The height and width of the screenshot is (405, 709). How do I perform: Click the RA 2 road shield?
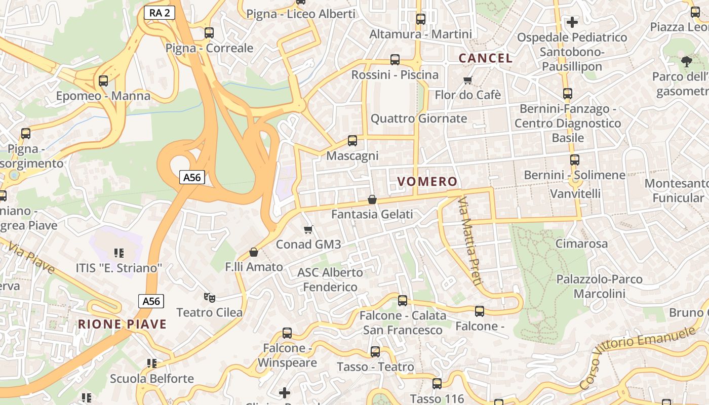pyautogui.click(x=160, y=13)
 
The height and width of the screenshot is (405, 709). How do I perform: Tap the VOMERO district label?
pyautogui.click(x=427, y=182)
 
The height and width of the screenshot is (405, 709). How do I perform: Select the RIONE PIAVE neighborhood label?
pyautogui.click(x=122, y=324)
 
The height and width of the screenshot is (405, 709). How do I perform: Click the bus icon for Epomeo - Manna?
pyautogui.click(x=103, y=81)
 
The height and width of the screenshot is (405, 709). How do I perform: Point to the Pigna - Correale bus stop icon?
pyautogui.click(x=209, y=33)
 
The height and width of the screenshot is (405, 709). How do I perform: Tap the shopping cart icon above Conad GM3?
pyautogui.click(x=308, y=230)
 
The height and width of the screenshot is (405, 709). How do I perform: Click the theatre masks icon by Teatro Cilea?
pyautogui.click(x=209, y=298)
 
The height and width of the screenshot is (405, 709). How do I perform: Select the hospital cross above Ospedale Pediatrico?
pyautogui.click(x=572, y=22)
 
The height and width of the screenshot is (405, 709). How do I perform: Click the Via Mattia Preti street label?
pyautogui.click(x=469, y=241)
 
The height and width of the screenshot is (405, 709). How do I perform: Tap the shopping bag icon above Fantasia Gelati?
pyautogui.click(x=372, y=200)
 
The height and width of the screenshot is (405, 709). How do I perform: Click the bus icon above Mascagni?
pyautogui.click(x=352, y=141)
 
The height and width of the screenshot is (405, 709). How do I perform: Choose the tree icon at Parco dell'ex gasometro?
pyautogui.click(x=686, y=62)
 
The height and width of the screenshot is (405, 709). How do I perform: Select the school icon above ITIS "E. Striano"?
pyautogui.click(x=119, y=253)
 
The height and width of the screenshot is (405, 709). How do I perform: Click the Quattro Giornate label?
pyautogui.click(x=419, y=118)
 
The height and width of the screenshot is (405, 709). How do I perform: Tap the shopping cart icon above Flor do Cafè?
pyautogui.click(x=468, y=80)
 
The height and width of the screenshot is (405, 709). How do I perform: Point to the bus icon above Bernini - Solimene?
pyautogui.click(x=574, y=160)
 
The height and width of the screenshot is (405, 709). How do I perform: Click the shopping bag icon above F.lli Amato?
pyautogui.click(x=254, y=252)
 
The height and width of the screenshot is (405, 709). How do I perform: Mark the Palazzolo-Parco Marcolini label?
pyautogui.click(x=599, y=286)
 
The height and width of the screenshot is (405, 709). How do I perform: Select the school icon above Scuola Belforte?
pyautogui.click(x=151, y=363)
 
